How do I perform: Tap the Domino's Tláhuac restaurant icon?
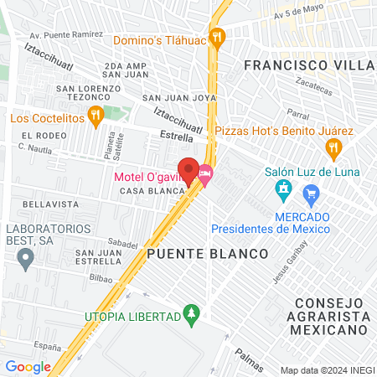tap(218, 36)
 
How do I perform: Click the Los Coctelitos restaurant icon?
tap(96, 118)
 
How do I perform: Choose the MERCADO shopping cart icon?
tap(312, 197)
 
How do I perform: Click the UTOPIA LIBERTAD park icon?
tap(192, 315)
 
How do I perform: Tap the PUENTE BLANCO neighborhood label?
tap(207, 253)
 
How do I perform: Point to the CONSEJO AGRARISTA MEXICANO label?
tap(328, 318)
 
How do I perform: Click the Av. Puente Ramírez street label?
tap(66, 35)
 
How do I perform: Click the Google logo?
tap(28, 367)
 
